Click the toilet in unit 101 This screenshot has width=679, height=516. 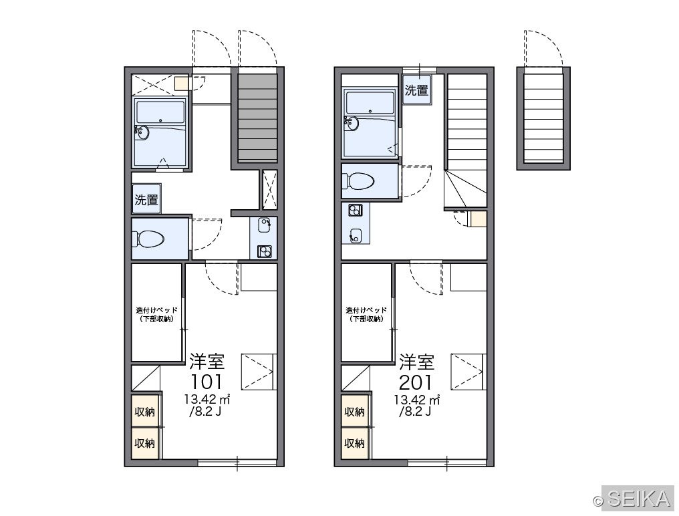click(148, 239)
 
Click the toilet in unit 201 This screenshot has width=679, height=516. click(358, 181)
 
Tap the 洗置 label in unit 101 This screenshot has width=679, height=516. click(146, 200)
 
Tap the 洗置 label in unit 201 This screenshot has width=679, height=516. click(416, 90)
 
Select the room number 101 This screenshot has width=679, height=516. click(207, 382)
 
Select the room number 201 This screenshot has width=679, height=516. click(416, 382)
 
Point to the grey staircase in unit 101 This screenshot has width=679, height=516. click(258, 118)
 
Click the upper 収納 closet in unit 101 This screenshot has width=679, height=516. click(144, 412)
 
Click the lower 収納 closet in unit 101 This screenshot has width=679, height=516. click(144, 443)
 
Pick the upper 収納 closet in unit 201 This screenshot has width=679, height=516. click(355, 412)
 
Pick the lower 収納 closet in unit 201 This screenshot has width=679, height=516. click(355, 443)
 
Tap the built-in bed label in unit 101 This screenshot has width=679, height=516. click(157, 315)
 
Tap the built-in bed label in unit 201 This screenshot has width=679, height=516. click(366, 315)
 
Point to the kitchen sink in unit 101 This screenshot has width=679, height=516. click(264, 225)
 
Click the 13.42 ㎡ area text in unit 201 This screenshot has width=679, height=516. click(416, 400)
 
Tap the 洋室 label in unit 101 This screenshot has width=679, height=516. click(207, 362)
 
